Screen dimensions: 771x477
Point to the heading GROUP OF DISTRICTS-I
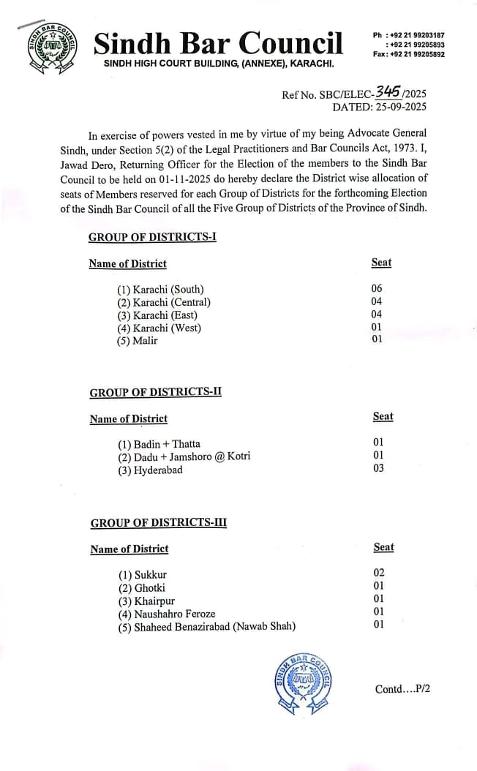pos(152,237)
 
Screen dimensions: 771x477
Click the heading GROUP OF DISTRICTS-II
pos(155,392)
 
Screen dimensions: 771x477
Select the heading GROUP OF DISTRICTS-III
pos(158,522)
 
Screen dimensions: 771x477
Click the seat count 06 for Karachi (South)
pos(377,288)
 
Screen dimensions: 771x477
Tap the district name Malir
pos(145,341)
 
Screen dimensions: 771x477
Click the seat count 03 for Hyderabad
pos(378,468)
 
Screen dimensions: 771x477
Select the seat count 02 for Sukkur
pos(379,572)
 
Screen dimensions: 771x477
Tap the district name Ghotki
pos(150,587)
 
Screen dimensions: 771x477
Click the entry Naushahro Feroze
pos(175,614)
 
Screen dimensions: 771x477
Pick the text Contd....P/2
pos(402,689)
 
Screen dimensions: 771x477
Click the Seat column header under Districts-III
pos(383,546)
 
